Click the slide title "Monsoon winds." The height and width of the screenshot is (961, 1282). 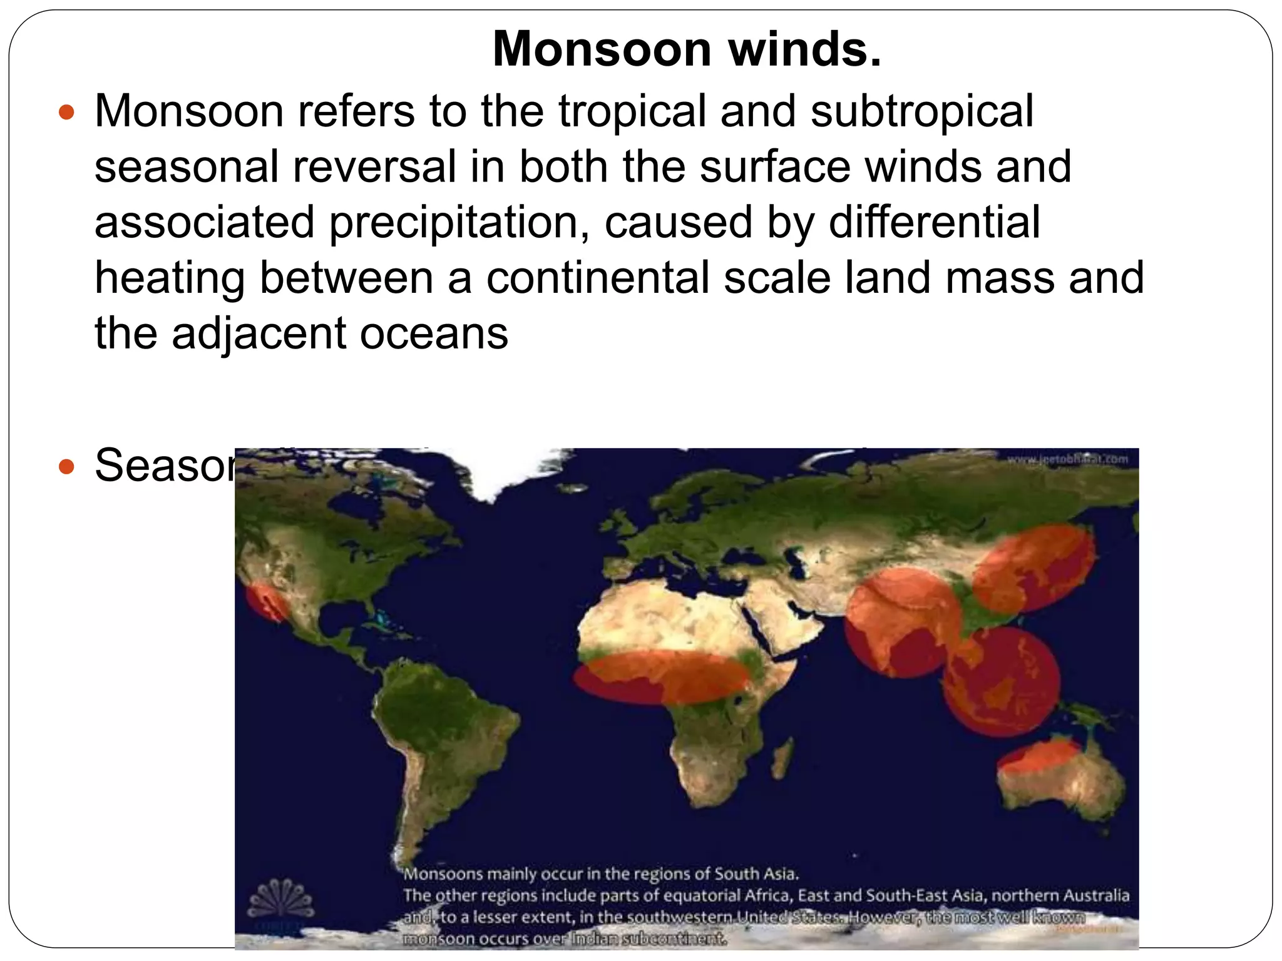tap(687, 49)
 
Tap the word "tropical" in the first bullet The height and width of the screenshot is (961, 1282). tap(632, 111)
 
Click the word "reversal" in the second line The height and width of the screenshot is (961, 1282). tap(374, 167)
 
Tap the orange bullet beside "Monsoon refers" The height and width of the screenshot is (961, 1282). tap(66, 113)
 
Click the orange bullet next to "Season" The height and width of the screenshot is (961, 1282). tap(66, 467)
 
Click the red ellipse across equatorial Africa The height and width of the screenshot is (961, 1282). tap(662, 676)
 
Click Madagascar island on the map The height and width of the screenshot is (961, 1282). tap(781, 761)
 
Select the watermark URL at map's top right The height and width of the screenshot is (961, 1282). tap(1067, 460)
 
